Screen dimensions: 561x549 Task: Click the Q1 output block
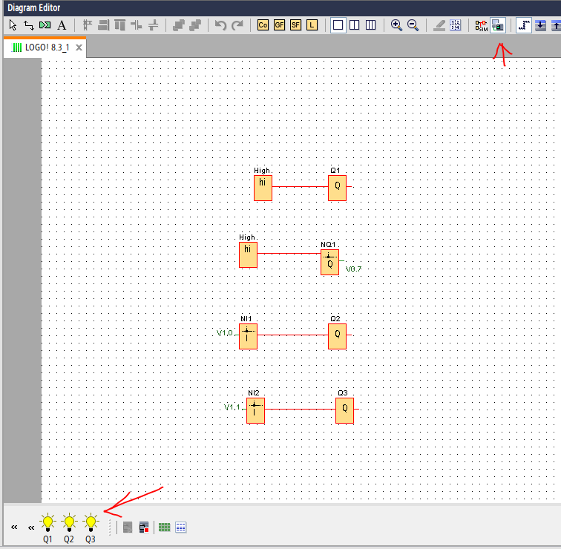click(x=337, y=188)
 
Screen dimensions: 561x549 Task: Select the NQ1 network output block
click(x=330, y=262)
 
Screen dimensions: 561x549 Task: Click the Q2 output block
click(x=337, y=336)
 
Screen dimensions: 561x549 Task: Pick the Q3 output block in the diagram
click(x=344, y=410)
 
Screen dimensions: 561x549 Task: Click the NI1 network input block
click(x=248, y=336)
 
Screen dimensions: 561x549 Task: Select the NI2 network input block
click(x=255, y=410)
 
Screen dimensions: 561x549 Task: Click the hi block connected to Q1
click(x=263, y=188)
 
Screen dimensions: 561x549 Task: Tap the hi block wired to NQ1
click(x=248, y=254)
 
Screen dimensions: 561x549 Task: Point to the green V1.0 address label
click(x=225, y=333)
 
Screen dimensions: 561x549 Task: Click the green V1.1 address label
click(x=232, y=407)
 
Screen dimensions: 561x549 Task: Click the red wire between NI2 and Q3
click(x=301, y=410)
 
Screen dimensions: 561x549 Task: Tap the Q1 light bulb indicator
click(x=47, y=522)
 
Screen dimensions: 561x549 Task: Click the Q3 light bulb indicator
click(x=91, y=522)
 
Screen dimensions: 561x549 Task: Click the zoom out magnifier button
click(x=413, y=25)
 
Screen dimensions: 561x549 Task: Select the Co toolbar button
click(x=263, y=25)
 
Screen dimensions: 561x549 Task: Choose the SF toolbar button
click(x=295, y=25)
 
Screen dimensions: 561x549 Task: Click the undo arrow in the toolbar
click(x=220, y=25)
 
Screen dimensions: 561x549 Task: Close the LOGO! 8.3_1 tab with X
click(x=79, y=47)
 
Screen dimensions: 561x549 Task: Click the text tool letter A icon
click(x=62, y=25)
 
